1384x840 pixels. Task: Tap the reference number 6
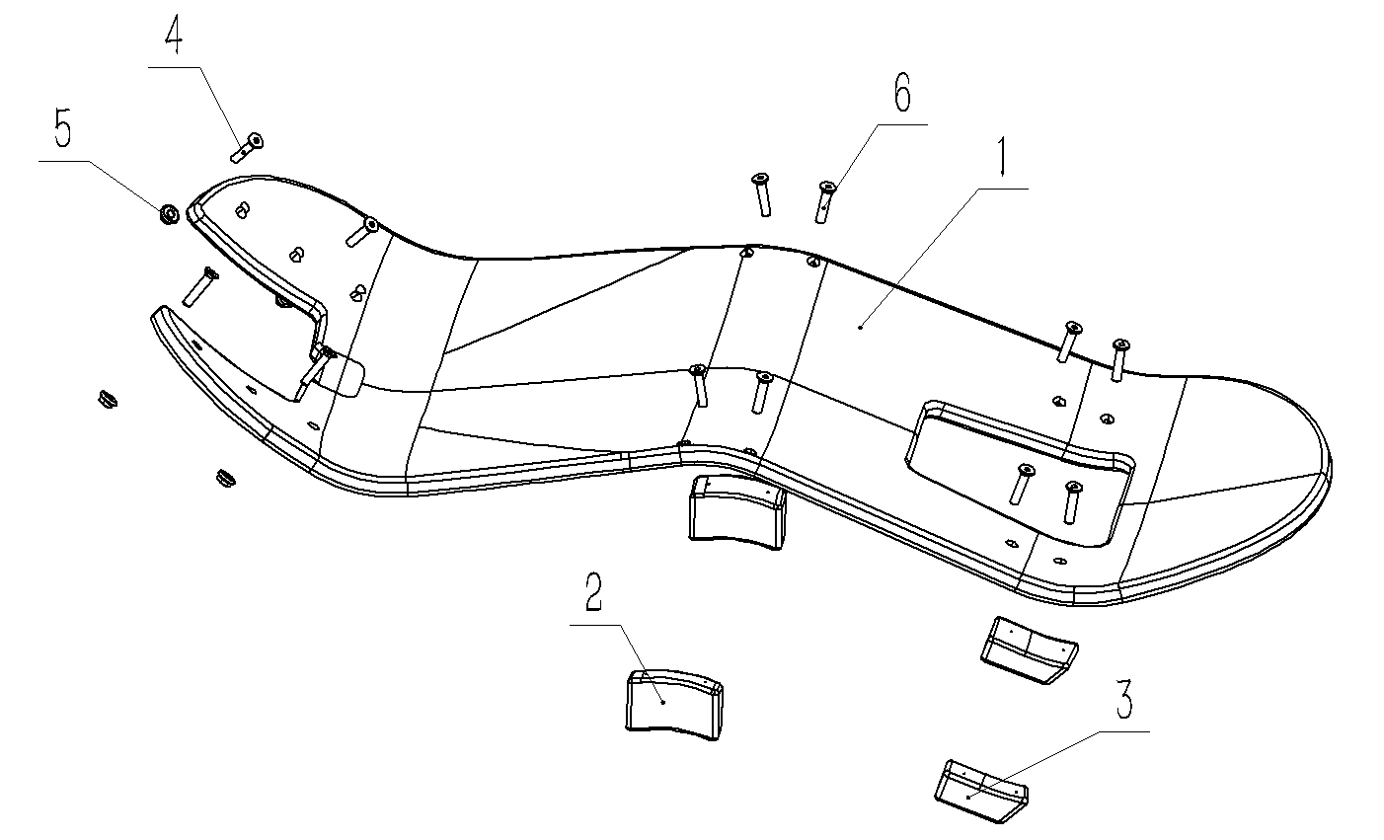tap(901, 95)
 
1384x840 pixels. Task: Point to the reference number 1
tap(1002, 157)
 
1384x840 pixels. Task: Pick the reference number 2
tap(593, 593)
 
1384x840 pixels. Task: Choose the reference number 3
tap(1123, 700)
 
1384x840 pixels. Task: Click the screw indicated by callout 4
tap(248, 147)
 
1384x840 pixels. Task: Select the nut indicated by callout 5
tap(168, 212)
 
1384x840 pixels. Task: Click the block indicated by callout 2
tap(674, 702)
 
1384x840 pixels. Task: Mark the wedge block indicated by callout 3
tap(979, 789)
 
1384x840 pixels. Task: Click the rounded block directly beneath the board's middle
tap(737, 507)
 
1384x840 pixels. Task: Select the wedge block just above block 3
tap(1028, 649)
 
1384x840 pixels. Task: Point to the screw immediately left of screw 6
tap(761, 193)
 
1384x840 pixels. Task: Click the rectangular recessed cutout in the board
tap(1017, 464)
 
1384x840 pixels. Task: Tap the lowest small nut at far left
tap(227, 479)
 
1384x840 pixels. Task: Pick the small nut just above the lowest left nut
tap(107, 399)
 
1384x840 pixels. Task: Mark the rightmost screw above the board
tap(1118, 359)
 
